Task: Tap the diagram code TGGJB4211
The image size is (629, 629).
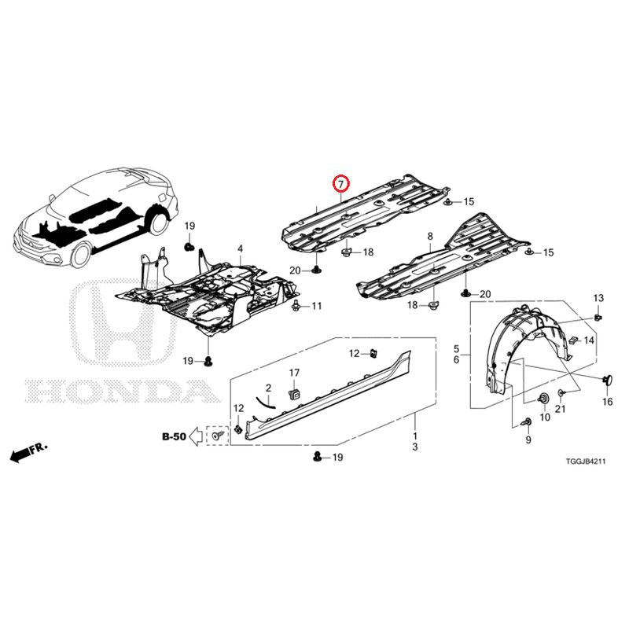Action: click(585, 462)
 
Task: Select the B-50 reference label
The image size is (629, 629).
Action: click(174, 436)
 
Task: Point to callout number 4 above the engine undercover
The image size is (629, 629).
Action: click(240, 249)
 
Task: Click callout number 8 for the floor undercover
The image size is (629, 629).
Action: click(430, 237)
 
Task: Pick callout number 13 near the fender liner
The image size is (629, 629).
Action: click(598, 298)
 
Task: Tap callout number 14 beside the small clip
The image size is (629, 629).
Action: click(588, 340)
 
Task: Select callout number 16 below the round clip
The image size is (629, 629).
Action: click(607, 402)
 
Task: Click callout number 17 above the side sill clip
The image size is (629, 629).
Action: click(294, 373)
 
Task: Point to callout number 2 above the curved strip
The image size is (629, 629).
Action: click(268, 388)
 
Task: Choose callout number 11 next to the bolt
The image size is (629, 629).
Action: click(317, 306)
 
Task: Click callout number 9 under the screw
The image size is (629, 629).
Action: click(528, 440)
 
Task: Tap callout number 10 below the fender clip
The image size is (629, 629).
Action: click(545, 417)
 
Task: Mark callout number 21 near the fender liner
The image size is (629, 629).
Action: click(560, 409)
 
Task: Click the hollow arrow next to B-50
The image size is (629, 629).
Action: click(196, 436)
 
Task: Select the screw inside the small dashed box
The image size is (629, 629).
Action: click(218, 435)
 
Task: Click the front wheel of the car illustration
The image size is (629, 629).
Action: click(80, 255)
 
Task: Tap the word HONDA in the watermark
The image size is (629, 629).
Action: click(123, 390)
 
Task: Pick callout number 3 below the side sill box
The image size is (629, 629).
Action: click(415, 447)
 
